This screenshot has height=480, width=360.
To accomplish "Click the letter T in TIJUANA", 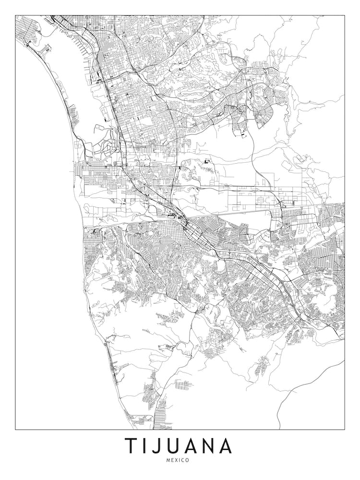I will pos(131,445).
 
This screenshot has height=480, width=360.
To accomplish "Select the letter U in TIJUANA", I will pos(173,445).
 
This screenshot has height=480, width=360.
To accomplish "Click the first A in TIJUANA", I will pos(191,446).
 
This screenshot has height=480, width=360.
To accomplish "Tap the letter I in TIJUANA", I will pos(144,445).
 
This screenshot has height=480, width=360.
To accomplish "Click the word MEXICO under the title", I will pos(178,460).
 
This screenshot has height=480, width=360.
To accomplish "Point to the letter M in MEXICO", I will pos(168,460).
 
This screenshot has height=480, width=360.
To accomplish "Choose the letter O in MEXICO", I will pos(187,460).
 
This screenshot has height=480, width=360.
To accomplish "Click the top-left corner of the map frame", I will pos(15,15).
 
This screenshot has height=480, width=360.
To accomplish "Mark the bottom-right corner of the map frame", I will pos(345,429).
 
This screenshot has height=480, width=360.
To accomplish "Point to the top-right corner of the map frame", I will pos(345,15).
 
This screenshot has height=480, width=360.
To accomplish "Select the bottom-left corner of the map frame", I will pos(15,429).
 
